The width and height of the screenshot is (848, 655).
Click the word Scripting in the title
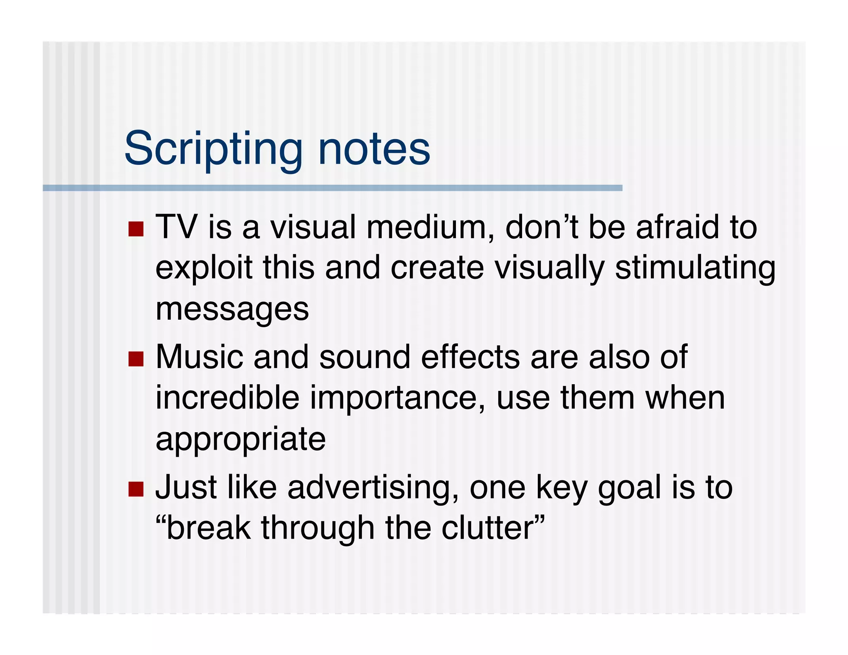pyautogui.click(x=213, y=149)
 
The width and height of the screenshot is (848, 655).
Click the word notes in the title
pyautogui.click(x=374, y=149)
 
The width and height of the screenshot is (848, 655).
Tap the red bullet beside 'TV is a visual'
pyautogui.click(x=136, y=229)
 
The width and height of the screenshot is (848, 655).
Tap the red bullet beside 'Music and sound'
pyautogui.click(x=136, y=359)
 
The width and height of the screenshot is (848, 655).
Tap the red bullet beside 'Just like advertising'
pyautogui.click(x=136, y=489)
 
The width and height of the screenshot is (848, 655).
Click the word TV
pyautogui.click(x=177, y=227)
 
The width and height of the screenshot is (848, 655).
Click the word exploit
pyautogui.click(x=204, y=268)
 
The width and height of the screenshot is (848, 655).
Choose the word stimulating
pyautogui.click(x=695, y=268)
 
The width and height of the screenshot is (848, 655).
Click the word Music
pyautogui.click(x=199, y=357)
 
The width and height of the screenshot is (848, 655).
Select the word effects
pyautogui.click(x=470, y=357)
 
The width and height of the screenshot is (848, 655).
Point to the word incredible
pyautogui.click(x=227, y=397)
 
